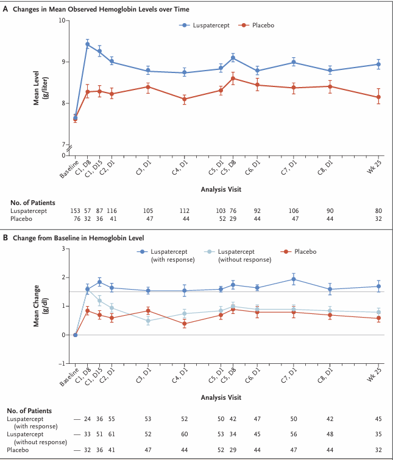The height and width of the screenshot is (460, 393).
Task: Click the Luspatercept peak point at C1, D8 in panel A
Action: click(x=87, y=44)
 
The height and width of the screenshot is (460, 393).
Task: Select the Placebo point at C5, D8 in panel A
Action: click(x=233, y=78)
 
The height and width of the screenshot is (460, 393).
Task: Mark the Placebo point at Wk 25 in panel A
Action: click(x=379, y=97)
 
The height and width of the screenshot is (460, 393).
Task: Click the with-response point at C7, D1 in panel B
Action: click(x=294, y=279)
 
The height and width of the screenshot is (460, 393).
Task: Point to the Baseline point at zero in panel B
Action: click(x=75, y=335)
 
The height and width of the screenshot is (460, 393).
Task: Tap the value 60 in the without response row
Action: click(x=185, y=434)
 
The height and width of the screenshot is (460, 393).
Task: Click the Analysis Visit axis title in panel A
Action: click(x=221, y=189)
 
